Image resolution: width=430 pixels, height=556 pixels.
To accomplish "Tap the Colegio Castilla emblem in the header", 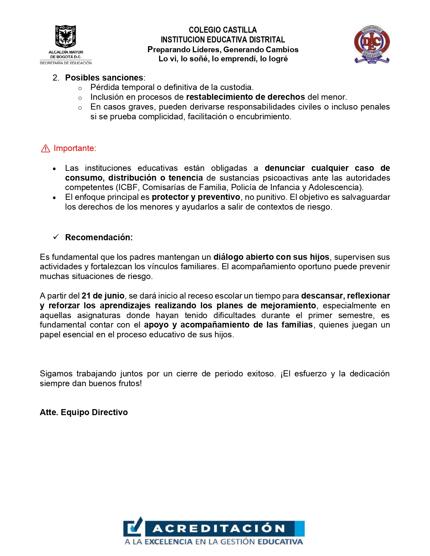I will (372, 44).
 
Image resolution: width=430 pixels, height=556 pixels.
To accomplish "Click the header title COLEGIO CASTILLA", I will (223, 30).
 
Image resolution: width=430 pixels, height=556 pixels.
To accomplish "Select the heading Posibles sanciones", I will (104, 78).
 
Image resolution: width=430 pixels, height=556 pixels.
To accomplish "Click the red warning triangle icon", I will (46, 149).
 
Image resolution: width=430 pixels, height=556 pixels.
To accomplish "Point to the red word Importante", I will (75, 149).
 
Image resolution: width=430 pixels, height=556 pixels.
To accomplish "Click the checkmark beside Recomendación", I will (56, 237).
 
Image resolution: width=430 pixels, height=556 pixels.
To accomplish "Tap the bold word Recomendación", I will (98, 238).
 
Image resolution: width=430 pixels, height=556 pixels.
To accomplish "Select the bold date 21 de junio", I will (103, 296).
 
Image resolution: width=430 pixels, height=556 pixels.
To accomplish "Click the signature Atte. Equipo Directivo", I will (84, 412).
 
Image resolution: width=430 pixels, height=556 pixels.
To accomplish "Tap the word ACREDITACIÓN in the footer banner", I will (219, 528).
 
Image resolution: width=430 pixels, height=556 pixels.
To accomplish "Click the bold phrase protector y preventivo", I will (196, 197).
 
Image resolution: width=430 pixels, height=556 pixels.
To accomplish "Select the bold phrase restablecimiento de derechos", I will (245, 97).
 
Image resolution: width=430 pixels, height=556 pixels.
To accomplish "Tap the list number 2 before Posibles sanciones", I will (56, 78).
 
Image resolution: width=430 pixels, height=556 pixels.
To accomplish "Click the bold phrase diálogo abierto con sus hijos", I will (271, 257).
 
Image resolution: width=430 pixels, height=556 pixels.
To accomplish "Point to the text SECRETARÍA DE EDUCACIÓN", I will (66, 63).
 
